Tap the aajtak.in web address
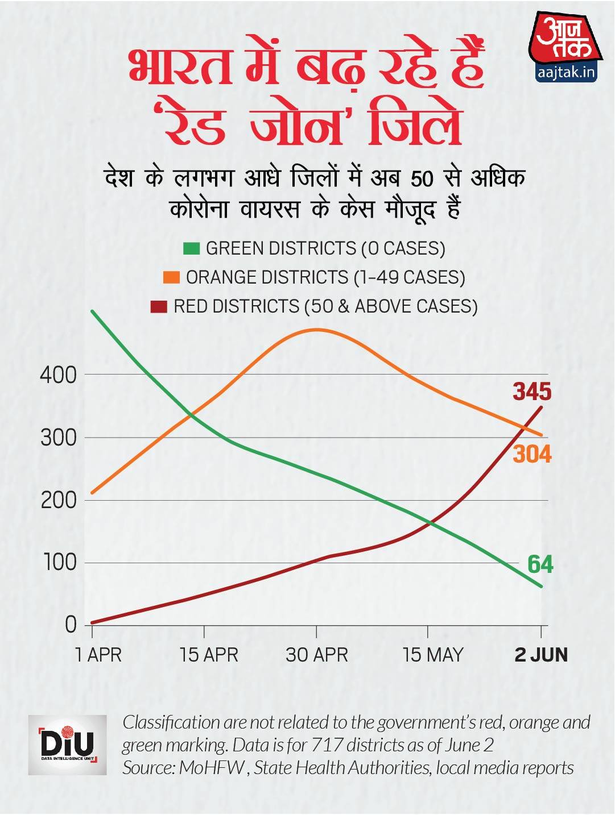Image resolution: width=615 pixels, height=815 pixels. coord(566,73)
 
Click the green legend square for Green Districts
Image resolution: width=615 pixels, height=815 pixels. coord(192,248)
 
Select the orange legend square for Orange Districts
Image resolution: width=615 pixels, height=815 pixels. coord(171,277)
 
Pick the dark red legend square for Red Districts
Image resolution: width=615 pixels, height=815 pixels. coord(159,306)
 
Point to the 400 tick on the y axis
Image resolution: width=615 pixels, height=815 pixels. coord(58,375)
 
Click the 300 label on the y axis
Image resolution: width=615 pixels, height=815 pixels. coord(58,438)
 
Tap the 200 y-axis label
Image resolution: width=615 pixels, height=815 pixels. coord(58,501)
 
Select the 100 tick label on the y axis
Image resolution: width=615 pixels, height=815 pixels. coord(58,563)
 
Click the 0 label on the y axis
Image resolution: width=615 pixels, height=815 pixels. coord(70,625)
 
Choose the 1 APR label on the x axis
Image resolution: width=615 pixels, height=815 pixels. coord(98,655)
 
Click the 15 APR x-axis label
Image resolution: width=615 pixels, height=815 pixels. coord(208,655)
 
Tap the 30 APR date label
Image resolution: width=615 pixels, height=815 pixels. coord(316,655)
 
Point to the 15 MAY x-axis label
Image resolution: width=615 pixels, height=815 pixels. coord(432,655)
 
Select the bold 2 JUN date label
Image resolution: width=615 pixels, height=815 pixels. coord(541,655)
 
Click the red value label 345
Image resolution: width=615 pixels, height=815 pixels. coord(532,392)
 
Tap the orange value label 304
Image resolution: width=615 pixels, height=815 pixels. coord(532,454)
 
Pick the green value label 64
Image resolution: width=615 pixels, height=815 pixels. coord(540,564)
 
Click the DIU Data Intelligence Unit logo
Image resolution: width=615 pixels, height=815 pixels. coord(68,745)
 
